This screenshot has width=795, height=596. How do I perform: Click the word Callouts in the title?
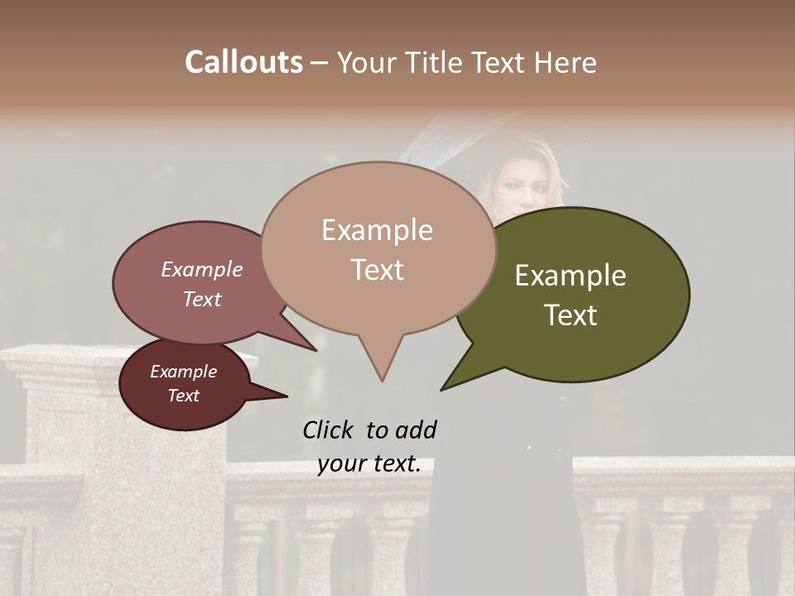pyautogui.click(x=243, y=62)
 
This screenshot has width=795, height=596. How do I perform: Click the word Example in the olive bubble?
pyautogui.click(x=571, y=276)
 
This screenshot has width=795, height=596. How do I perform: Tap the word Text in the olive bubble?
pyautogui.click(x=571, y=315)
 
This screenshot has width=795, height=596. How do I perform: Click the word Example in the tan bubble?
pyautogui.click(x=377, y=230)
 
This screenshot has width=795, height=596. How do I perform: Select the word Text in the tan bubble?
pyautogui.click(x=377, y=270)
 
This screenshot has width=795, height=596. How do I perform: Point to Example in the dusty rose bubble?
pyautogui.click(x=202, y=269)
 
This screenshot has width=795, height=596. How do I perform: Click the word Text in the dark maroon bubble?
pyautogui.click(x=183, y=396)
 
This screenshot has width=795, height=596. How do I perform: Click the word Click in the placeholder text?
pyautogui.click(x=330, y=430)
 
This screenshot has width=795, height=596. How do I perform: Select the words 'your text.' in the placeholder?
pyautogui.click(x=369, y=464)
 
